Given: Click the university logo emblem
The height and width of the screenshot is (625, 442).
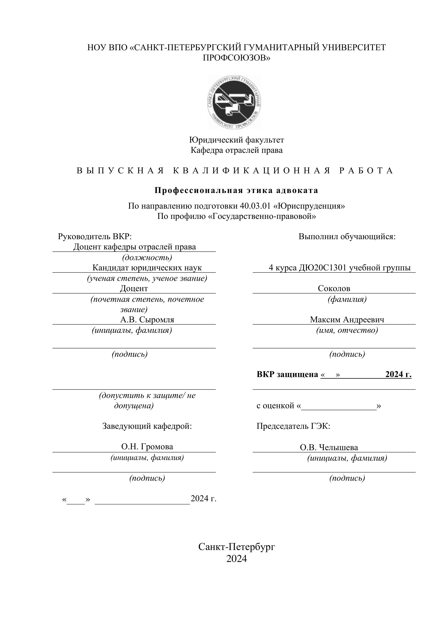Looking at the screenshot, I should [234, 102].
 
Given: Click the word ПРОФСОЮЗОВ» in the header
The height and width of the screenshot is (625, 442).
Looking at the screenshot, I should [237, 58].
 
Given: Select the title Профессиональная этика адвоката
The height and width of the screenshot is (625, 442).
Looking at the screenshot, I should [236, 190].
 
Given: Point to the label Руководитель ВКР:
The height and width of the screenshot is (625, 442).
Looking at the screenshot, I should [95, 237].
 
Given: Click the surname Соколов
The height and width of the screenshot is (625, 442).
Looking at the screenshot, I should [334, 288].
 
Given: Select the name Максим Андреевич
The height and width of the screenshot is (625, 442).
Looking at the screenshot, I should [347, 320].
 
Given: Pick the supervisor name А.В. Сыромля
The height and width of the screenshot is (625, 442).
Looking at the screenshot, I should [147, 320].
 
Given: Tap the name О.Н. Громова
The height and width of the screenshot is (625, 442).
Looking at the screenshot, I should [147, 447].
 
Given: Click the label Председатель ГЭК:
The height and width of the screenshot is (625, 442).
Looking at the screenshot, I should [293, 426].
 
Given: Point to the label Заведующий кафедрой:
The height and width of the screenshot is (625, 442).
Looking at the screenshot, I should [147, 426].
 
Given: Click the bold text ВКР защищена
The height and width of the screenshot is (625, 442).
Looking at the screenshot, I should [287, 374].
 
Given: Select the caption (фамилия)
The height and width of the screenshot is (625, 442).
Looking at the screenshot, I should [347, 299].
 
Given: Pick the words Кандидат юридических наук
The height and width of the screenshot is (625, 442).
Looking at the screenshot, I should [147, 268].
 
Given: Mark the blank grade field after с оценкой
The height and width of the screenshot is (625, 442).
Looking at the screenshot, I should [339, 406].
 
